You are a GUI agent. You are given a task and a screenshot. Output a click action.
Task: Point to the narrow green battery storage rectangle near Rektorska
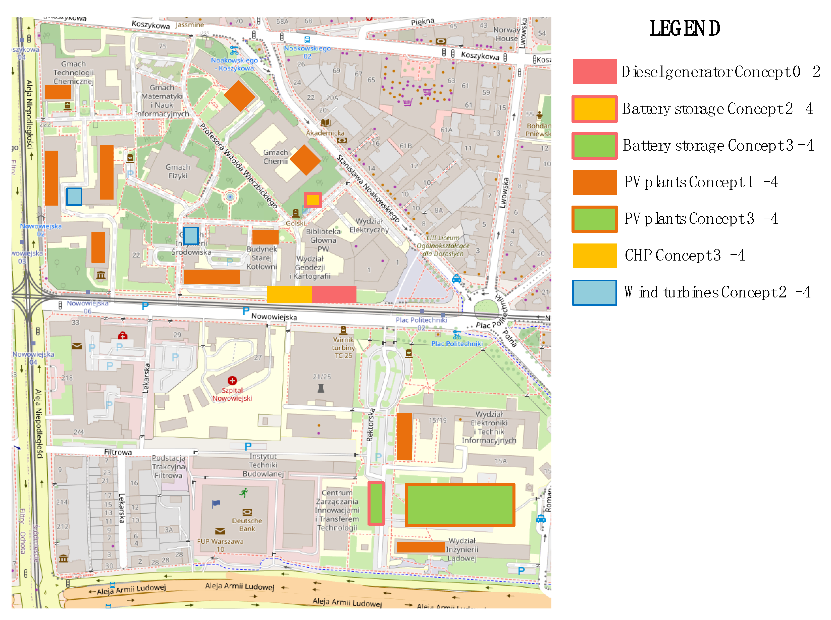tap(376, 503)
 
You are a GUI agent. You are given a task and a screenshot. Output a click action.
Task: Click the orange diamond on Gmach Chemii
tap(305, 160)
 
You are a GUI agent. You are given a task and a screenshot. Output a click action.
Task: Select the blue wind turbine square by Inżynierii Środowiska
tap(190, 236)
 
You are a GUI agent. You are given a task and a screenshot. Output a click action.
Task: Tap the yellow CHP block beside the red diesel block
tap(289, 294)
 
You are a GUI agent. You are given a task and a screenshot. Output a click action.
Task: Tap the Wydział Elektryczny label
tap(369, 225)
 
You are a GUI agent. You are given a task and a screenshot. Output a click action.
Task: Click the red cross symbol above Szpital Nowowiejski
tap(232, 380)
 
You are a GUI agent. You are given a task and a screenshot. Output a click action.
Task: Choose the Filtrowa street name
tap(118, 452)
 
